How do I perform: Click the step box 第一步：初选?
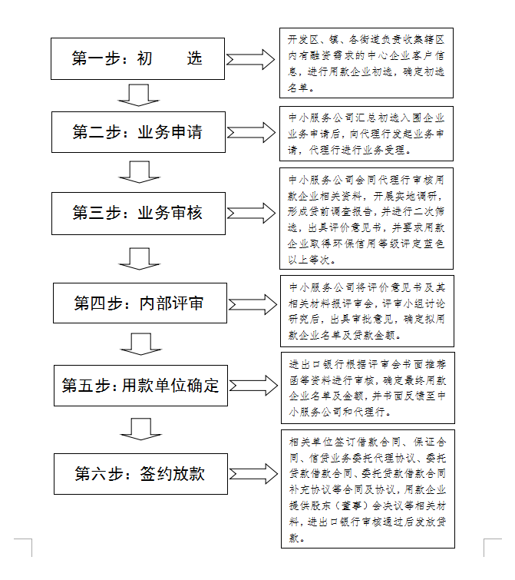coord(139,58)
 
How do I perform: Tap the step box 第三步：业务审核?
coord(139,213)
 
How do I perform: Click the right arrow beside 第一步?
coord(250,59)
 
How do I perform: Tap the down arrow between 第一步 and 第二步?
coord(139,95)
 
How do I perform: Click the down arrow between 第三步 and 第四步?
coord(139,259)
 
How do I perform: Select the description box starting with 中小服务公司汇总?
coord(366,134)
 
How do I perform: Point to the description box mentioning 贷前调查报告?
coord(366,218)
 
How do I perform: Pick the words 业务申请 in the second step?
coord(170,133)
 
